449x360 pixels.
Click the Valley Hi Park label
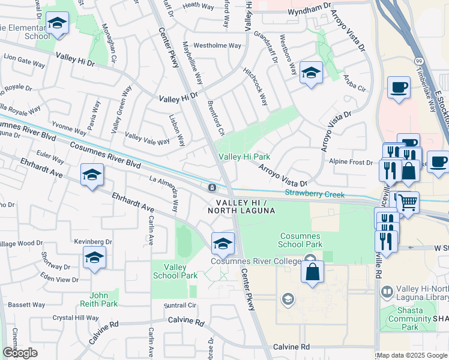click(x=244, y=157)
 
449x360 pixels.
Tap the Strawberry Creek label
click(x=315, y=194)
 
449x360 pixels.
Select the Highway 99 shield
click(x=418, y=62)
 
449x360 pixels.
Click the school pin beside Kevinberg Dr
click(x=94, y=258)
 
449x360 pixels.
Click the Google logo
click(x=20, y=353)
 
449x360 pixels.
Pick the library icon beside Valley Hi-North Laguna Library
click(x=388, y=292)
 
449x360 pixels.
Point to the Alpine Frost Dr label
click(x=351, y=162)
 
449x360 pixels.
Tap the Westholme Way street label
click(x=217, y=46)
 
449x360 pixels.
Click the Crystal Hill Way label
click(x=75, y=318)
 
